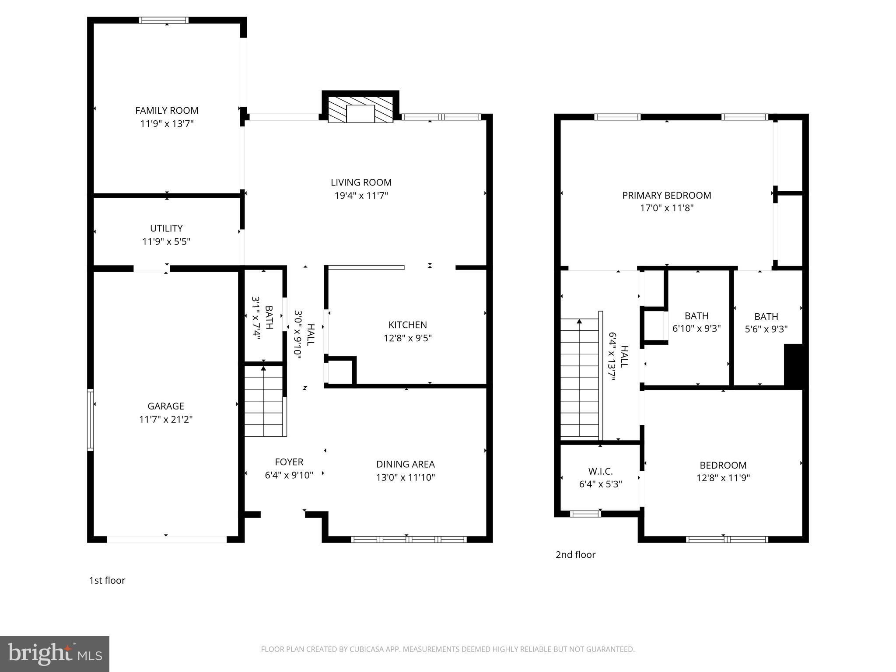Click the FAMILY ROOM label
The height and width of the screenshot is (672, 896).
tap(167, 111)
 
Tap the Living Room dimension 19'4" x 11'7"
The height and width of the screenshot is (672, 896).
tap(361, 196)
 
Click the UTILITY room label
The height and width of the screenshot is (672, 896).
tap(166, 228)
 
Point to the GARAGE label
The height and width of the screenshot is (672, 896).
tap(166, 406)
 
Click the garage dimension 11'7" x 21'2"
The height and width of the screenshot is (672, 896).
tap(166, 420)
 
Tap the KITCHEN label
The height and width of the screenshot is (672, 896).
tap(408, 325)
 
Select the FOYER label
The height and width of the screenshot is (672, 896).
tap(289, 462)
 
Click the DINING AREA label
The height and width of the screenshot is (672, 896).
tap(406, 464)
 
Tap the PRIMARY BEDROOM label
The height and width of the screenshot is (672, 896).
tap(667, 196)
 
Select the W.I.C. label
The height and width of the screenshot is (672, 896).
tap(600, 471)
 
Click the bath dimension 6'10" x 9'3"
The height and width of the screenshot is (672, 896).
tap(696, 329)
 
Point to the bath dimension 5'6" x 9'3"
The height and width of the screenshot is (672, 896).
tap(766, 329)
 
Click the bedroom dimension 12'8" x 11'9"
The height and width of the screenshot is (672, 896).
tap(723, 478)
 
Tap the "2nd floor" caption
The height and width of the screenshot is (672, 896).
tap(575, 555)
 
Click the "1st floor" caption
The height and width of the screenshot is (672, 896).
tap(107, 581)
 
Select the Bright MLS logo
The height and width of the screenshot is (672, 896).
tap(55, 654)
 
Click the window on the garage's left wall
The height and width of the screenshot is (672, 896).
tap(91, 420)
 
